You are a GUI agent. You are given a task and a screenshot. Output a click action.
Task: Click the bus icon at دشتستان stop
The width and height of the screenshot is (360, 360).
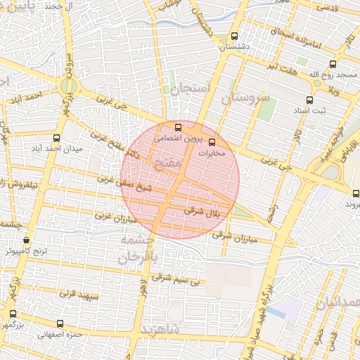tap(234, 37)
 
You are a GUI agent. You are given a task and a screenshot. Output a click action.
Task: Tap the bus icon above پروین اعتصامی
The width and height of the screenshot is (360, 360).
tap(178, 128)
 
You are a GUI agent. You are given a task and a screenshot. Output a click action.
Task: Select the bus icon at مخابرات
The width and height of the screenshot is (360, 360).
tap(213, 141)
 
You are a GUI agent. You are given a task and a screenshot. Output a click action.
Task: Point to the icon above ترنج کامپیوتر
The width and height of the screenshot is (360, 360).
tap(27, 239)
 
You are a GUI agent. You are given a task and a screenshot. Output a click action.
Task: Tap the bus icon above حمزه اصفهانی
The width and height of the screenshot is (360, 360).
tap(60, 324)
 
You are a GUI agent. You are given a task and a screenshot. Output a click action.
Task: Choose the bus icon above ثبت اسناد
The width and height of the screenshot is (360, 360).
tap(309, 100)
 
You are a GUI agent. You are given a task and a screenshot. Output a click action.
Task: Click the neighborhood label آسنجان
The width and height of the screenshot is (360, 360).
tap(186, 89)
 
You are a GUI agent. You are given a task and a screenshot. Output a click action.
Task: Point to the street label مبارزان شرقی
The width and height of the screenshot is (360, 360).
tap(235, 233)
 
